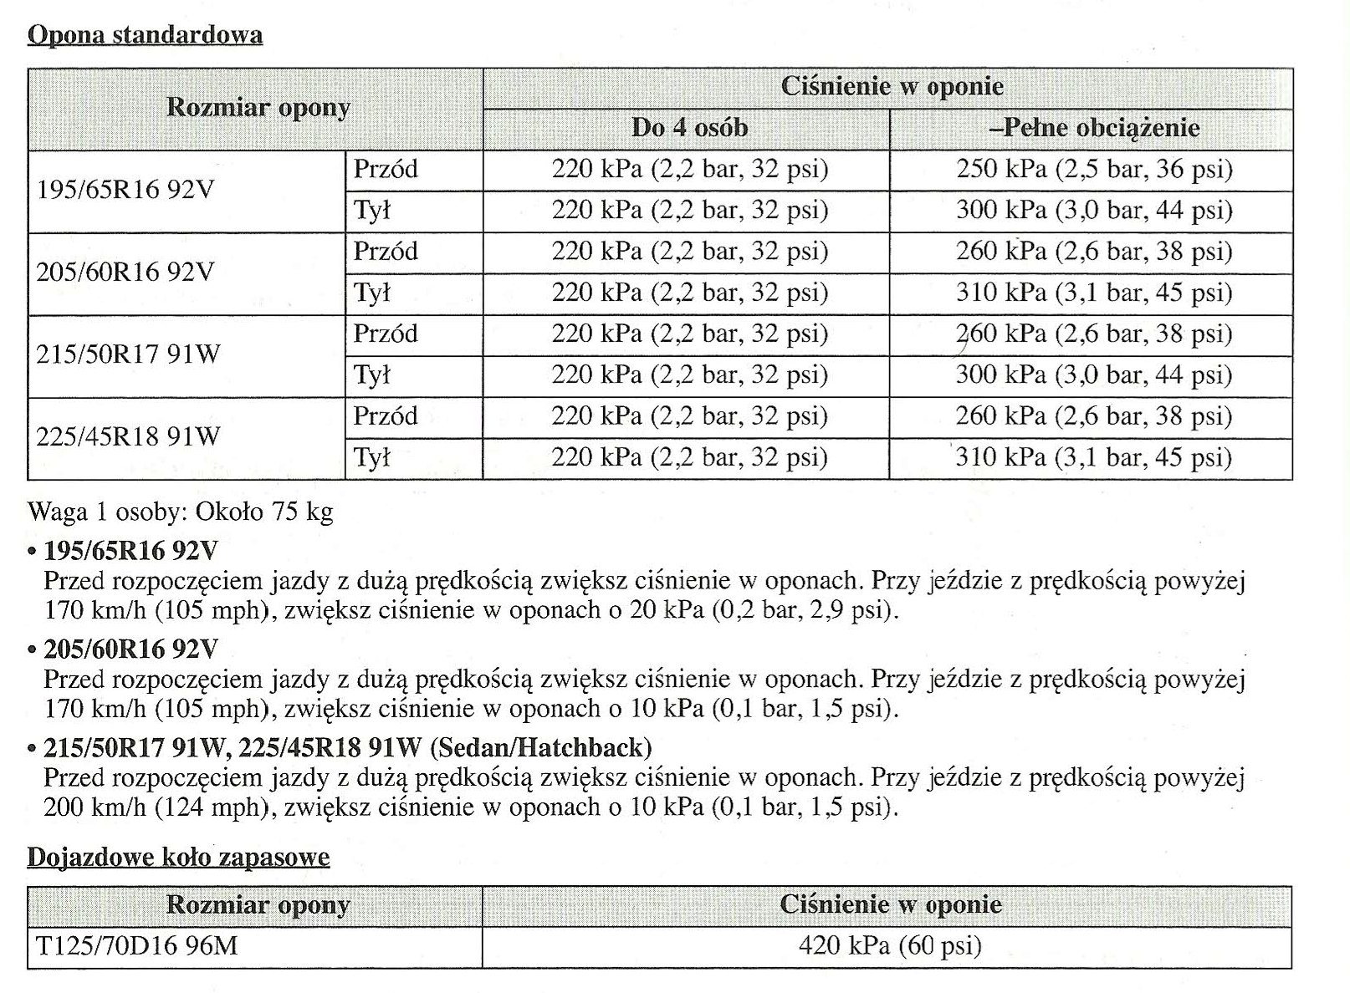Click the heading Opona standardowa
coord(145,35)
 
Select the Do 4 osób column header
coord(689,128)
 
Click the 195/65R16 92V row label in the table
coord(125,190)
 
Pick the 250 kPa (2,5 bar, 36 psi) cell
coord(1094,170)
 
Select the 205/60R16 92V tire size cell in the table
coord(125,272)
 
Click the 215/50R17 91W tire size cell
coord(128,354)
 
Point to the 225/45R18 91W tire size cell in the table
coord(128,435)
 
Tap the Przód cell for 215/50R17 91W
coord(385,334)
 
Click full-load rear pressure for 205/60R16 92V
coord(1094,293)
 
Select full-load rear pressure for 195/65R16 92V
coord(1094,210)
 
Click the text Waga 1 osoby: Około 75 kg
coord(180,511)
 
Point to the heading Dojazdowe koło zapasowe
coord(178,858)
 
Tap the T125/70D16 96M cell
coord(137,945)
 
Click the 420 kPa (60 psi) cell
coord(890,945)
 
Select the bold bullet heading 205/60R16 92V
coord(130,649)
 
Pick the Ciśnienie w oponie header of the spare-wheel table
coord(890,904)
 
